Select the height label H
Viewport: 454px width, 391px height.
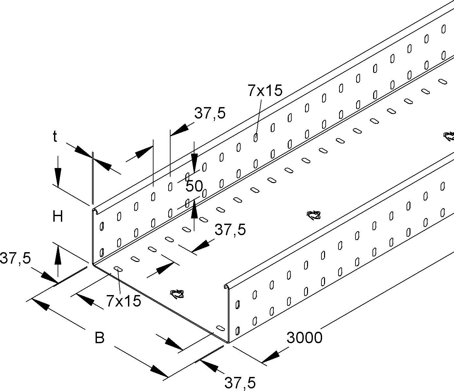pos(58,217)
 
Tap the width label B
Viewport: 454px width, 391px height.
pos(100,338)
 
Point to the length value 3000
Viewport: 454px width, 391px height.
pos(304,338)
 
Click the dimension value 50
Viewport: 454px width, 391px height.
pos(194,187)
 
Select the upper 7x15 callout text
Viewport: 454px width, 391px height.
pos(265,91)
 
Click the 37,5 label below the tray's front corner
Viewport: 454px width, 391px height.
pos(240,382)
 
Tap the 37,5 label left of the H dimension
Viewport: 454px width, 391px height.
pos(15,258)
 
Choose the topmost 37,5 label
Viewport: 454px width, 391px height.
pos(210,113)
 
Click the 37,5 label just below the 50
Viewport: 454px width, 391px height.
pos(230,230)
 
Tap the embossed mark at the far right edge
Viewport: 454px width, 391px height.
pos(448,136)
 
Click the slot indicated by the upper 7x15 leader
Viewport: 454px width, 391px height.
pos(255,138)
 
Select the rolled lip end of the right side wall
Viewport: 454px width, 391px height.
pos(226,287)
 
